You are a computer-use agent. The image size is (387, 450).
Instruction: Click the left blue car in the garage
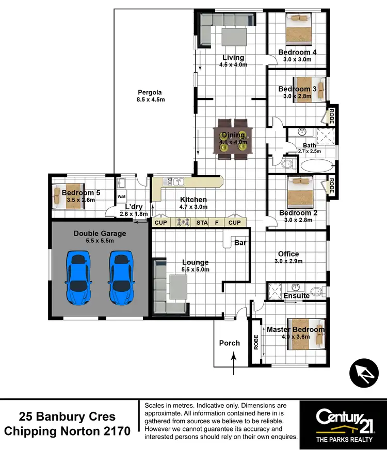78,278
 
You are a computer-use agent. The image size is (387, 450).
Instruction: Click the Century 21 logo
343,421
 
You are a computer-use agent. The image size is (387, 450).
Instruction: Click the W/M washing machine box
122,197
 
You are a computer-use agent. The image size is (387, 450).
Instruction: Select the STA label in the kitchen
202,223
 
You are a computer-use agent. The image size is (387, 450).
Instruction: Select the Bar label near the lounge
240,242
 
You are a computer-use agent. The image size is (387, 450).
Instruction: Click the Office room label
288,254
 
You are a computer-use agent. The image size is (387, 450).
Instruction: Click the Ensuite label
297,296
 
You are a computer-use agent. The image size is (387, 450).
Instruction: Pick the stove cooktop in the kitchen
183,223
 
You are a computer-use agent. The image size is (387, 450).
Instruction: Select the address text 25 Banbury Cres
67,416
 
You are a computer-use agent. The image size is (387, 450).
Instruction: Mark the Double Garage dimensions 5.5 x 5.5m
100,241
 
